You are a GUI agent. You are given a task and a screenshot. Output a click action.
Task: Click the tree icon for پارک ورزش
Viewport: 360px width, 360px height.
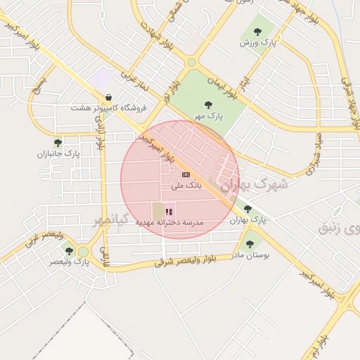click(257, 32)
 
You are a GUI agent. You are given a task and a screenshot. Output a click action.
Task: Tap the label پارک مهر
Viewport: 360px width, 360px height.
click(210, 116)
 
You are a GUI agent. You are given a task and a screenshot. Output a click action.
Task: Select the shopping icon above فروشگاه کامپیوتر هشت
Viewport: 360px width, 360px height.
click(108, 98)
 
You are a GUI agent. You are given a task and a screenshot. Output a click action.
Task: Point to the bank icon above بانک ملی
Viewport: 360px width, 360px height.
click(186, 174)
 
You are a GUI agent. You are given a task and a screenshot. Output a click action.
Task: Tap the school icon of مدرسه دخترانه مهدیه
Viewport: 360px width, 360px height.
click(169, 211)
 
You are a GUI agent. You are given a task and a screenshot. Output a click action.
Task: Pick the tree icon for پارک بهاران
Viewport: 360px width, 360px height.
click(247, 209)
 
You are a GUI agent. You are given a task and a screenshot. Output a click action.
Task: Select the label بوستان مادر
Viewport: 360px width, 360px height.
click(251, 255)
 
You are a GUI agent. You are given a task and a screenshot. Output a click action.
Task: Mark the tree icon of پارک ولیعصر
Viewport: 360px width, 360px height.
click(69, 251)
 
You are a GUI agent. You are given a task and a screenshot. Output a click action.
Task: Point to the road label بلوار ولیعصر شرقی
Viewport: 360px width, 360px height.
click(195, 261)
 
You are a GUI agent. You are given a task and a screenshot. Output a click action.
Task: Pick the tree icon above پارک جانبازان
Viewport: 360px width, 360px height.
click(58, 143)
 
